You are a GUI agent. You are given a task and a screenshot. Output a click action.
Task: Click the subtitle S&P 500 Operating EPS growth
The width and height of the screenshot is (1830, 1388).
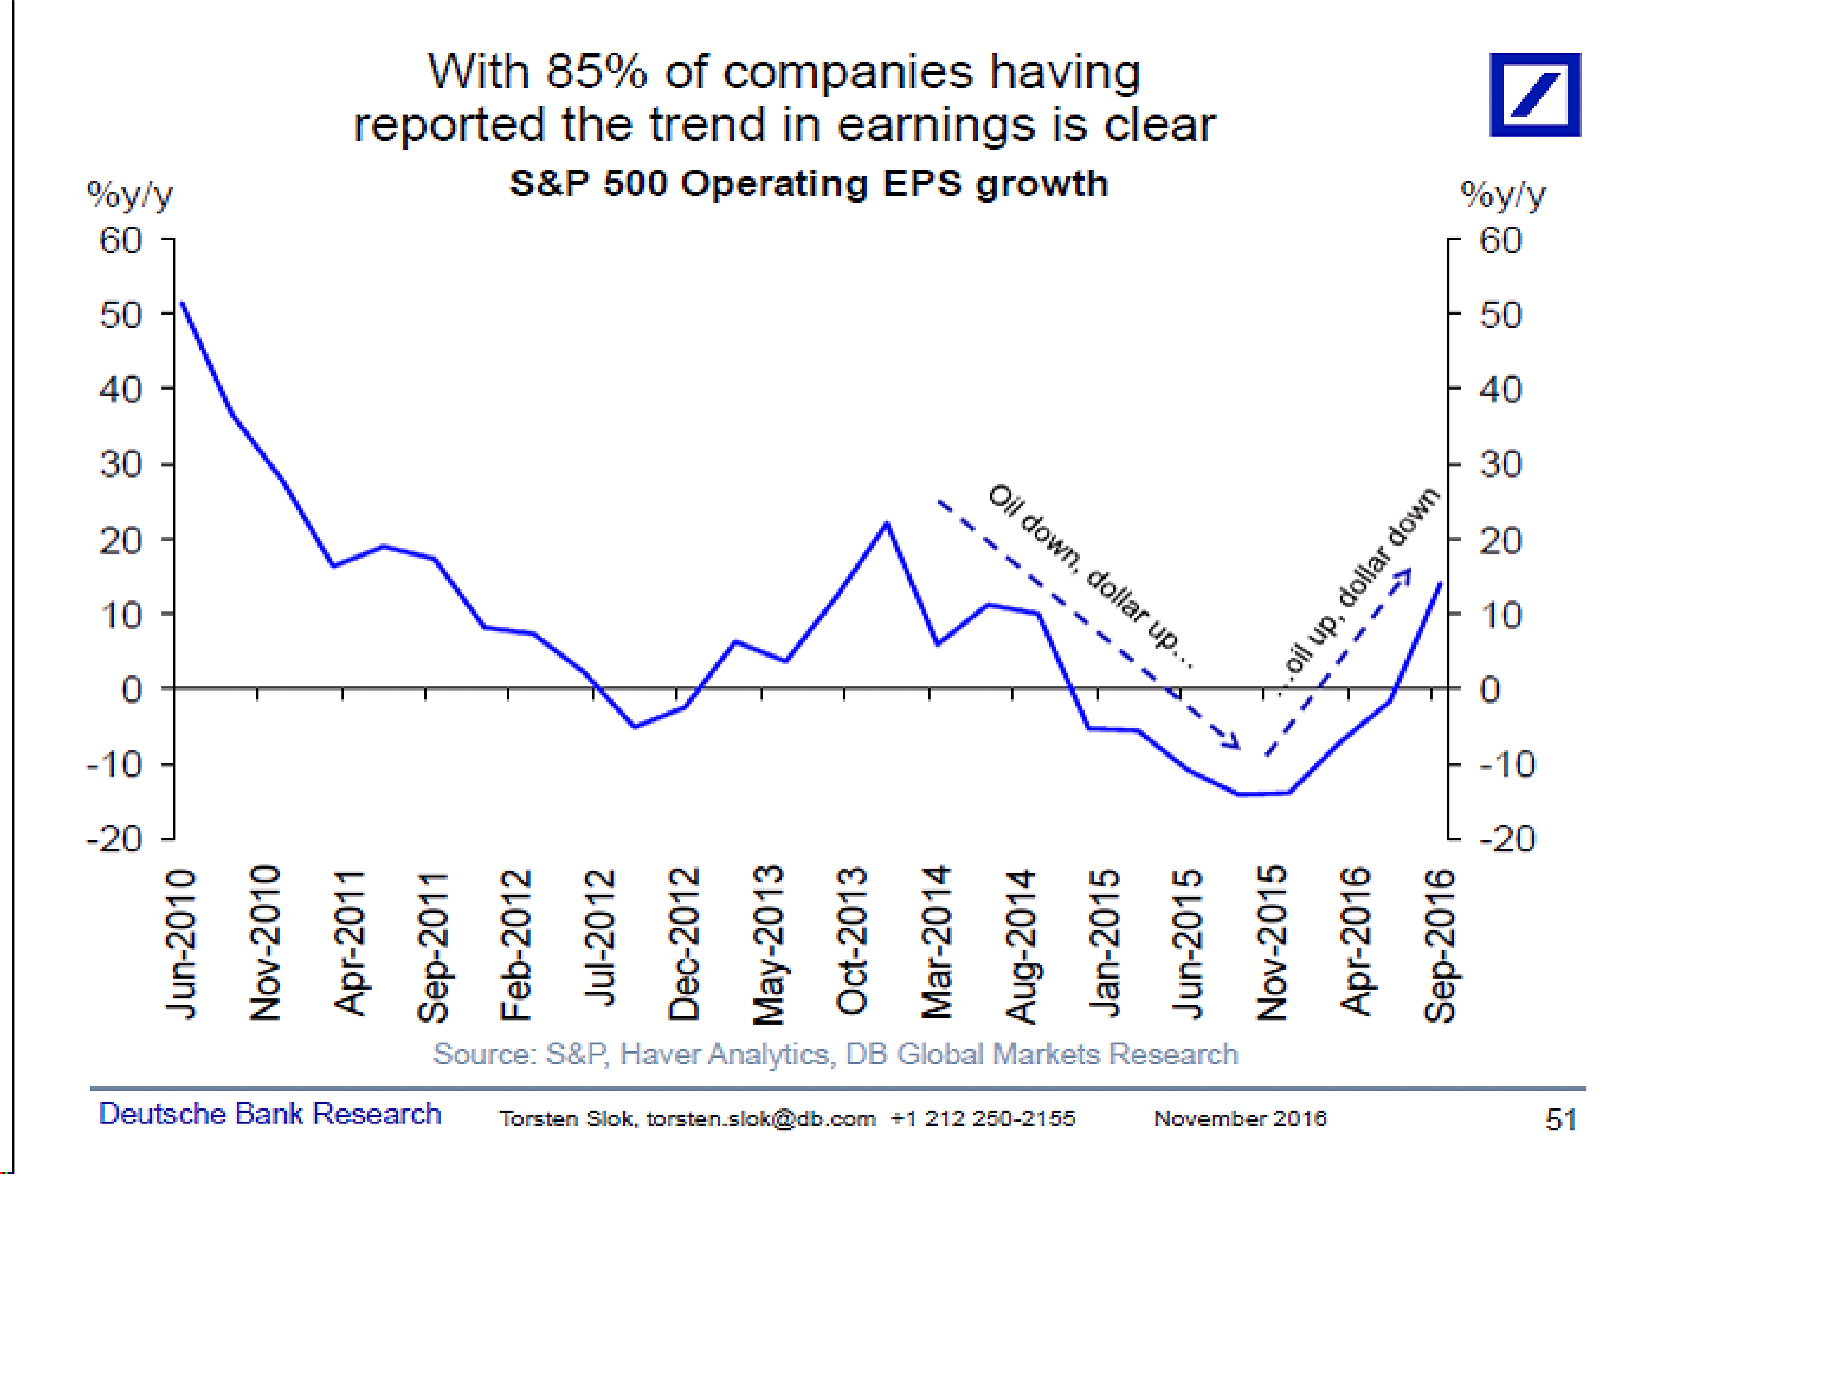[808, 184]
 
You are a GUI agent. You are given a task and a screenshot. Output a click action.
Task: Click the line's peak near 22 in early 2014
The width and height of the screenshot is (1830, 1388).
[886, 524]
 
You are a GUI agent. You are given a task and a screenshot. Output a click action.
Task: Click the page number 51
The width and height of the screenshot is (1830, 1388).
[1560, 1120]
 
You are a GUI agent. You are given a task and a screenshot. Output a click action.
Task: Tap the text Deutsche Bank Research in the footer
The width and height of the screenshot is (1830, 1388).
[270, 1113]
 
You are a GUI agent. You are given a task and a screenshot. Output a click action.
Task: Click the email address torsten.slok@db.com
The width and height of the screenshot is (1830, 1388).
[760, 1118]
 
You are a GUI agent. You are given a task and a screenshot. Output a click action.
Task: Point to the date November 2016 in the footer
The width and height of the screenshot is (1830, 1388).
[1239, 1118]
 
